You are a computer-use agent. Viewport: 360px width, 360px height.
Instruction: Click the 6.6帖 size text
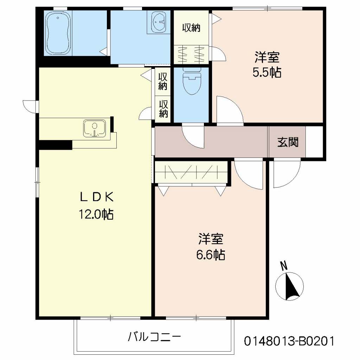211,254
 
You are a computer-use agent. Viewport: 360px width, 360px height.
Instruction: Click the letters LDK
96,197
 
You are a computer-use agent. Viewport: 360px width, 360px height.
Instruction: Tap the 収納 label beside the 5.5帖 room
191,28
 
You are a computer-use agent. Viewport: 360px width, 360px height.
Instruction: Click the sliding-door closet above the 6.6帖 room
192,173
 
